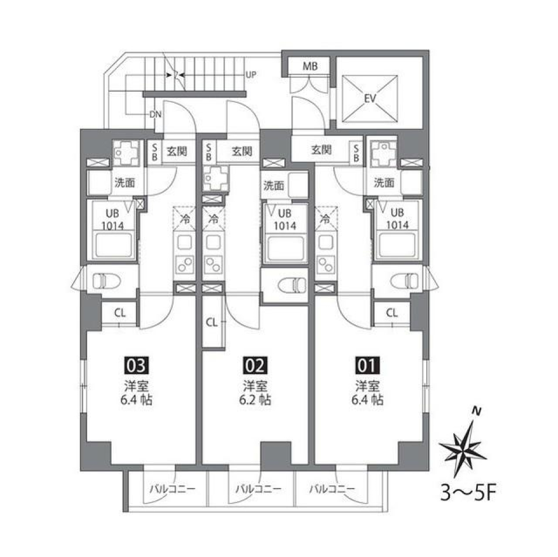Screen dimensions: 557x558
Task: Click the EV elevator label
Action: [369, 99]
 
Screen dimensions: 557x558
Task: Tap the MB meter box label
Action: [309, 66]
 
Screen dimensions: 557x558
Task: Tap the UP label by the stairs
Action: [251, 75]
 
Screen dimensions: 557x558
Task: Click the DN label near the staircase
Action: [155, 114]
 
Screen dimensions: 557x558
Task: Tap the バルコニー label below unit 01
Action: [332, 489]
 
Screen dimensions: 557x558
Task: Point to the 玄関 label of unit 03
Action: [177, 152]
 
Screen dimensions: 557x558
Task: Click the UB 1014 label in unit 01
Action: [397, 219]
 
